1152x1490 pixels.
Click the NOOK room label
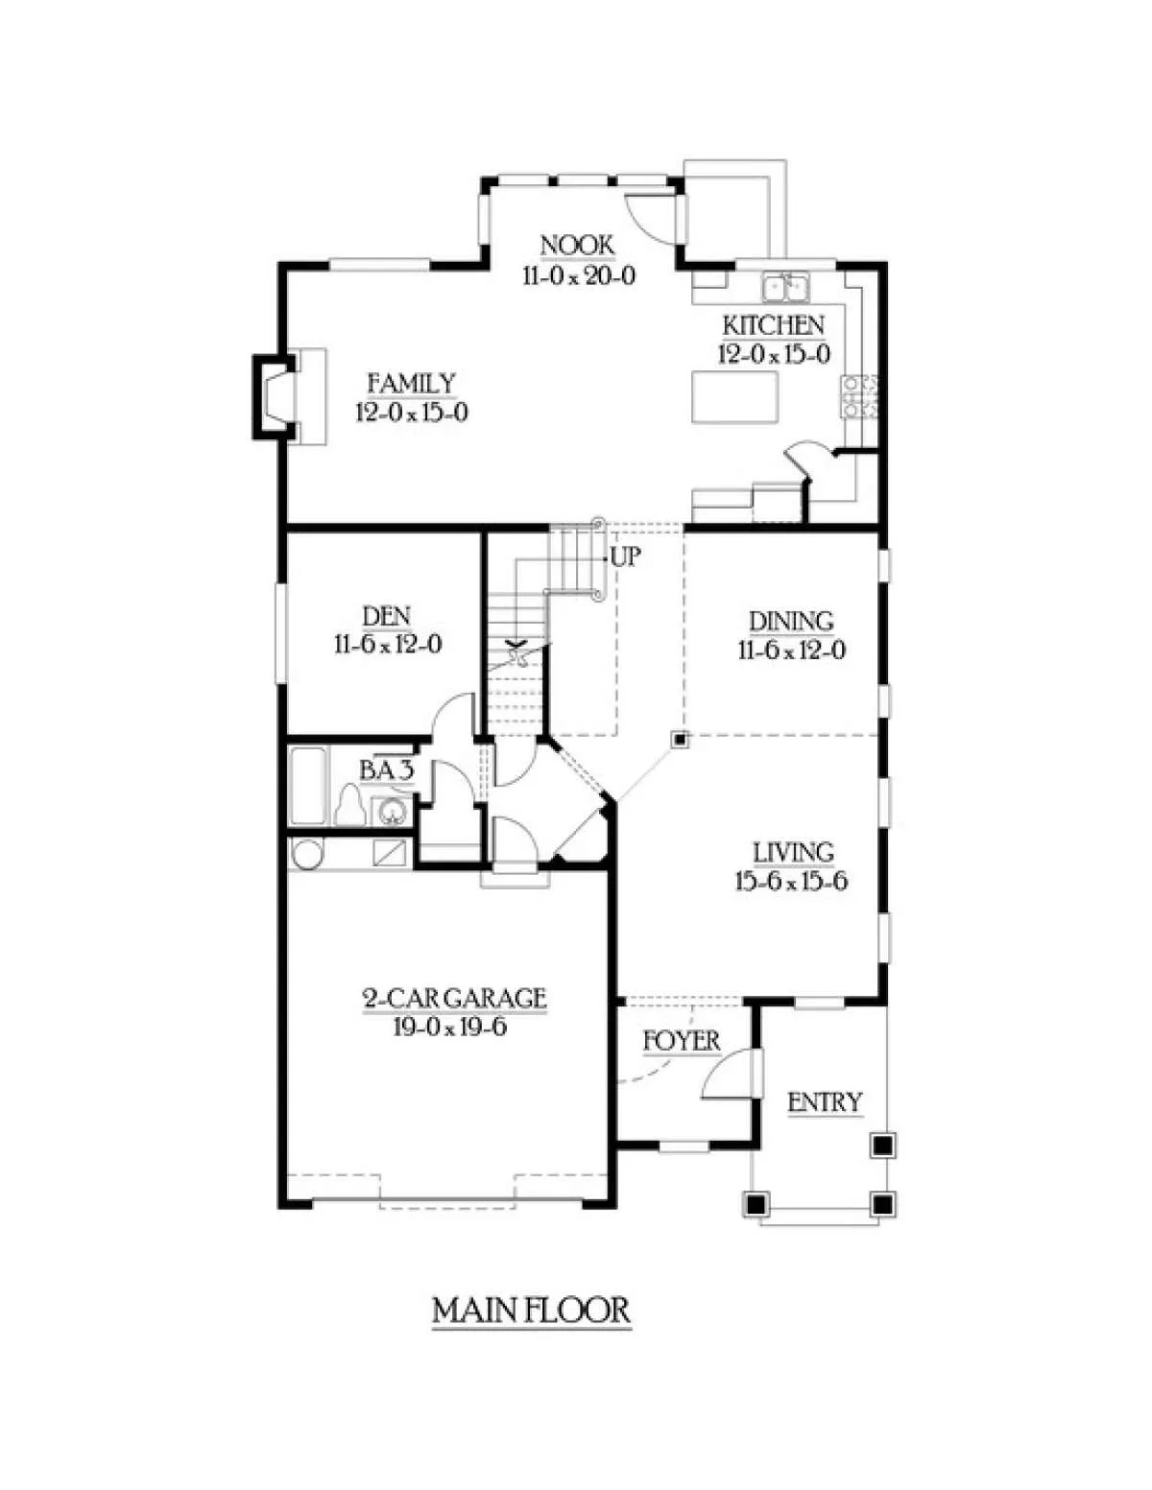[x=577, y=246]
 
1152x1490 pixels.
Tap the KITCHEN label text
[x=774, y=325]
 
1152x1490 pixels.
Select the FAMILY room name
[x=411, y=384]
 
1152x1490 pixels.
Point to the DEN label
[x=387, y=616]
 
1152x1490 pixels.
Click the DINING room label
[x=791, y=622]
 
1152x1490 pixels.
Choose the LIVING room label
[x=793, y=852]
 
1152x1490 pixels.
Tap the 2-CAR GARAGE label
[x=455, y=998]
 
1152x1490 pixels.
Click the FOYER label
[x=682, y=1041]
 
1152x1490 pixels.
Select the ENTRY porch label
[x=824, y=1102]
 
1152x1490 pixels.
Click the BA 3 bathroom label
[x=387, y=770]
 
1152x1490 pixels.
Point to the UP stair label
[x=625, y=557]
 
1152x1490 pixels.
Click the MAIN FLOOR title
[x=531, y=1311]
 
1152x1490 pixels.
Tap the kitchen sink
[x=785, y=287]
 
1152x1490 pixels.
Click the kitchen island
[x=734, y=398]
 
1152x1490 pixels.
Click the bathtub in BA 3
[x=308, y=786]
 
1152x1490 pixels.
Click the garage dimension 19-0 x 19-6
[x=450, y=1027]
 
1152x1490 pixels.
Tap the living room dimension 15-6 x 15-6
[x=792, y=881]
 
